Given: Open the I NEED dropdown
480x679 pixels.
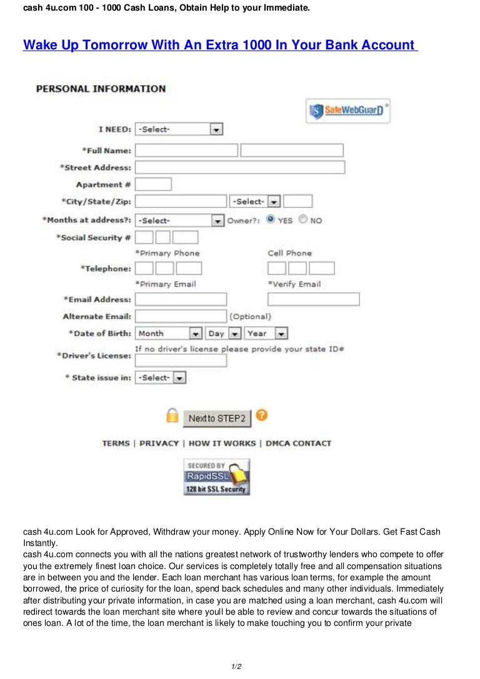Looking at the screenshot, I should point(179,129).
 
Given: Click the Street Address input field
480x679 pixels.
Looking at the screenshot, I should point(239,167).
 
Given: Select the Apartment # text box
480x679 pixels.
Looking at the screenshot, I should point(153,184).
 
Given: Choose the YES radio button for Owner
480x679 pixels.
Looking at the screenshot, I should point(271,219).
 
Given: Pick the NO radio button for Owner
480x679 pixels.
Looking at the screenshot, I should point(303,219).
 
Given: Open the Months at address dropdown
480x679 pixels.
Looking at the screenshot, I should point(179,221).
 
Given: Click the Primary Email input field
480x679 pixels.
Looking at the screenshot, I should point(181,299).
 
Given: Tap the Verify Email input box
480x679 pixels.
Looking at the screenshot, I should point(313,299).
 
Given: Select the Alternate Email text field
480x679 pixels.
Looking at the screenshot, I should point(181,316).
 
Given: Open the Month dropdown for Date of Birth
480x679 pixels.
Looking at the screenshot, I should point(169,334).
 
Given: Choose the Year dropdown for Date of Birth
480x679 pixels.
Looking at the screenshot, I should point(266,334).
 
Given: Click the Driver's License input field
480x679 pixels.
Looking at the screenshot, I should point(181,360).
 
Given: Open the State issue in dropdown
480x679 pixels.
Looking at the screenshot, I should point(161,378).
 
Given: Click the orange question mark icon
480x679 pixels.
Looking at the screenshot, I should point(262,415).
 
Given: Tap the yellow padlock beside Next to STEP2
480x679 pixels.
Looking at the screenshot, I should point(172,415).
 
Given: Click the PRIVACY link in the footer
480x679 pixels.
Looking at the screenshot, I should point(159,444).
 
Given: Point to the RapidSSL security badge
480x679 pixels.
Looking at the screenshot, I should point(216,477).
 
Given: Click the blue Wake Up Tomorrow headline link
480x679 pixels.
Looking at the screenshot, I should point(220,45).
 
